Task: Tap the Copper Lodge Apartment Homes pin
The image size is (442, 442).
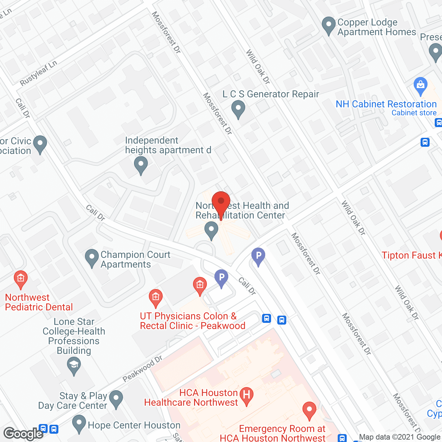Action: (328, 26)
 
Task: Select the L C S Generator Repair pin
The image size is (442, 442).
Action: (238, 109)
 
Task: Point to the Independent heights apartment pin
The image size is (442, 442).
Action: (141, 165)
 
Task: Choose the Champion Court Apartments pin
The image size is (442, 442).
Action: (92, 258)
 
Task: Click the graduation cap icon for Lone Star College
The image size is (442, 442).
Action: (74, 365)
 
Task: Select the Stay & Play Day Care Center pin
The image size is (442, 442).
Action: (116, 399)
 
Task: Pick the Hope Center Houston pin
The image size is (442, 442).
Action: (79, 423)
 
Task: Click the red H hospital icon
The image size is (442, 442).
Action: (247, 395)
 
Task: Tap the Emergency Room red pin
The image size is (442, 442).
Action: (309, 411)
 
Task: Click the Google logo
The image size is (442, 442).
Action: (23, 434)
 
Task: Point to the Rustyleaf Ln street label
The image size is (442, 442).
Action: (38, 73)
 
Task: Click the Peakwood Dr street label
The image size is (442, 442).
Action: (142, 369)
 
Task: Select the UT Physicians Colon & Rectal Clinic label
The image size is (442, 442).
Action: (192, 321)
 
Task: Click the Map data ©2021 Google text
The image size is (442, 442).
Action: (400, 437)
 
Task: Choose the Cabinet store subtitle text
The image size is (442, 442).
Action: (414, 113)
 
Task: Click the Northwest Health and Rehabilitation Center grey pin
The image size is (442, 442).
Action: (211, 230)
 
